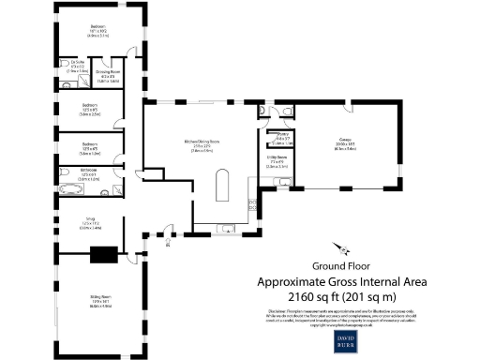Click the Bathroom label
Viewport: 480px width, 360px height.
(x=91, y=174)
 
